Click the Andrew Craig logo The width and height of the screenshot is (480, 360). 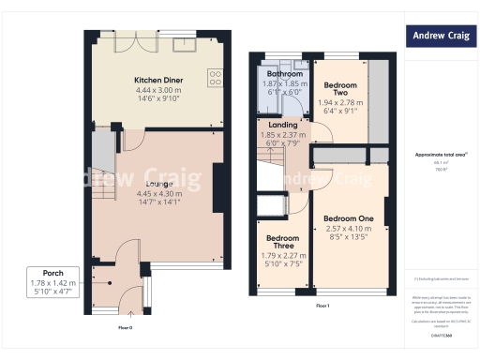tap(439, 37)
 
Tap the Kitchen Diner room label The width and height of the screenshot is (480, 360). tap(158, 81)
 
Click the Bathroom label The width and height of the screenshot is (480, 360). tap(284, 73)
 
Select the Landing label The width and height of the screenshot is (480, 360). tap(282, 125)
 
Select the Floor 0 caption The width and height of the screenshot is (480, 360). tap(125, 328)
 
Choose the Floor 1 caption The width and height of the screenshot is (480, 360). tap(322, 307)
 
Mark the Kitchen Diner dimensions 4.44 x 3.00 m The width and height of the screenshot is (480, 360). tap(158, 90)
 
